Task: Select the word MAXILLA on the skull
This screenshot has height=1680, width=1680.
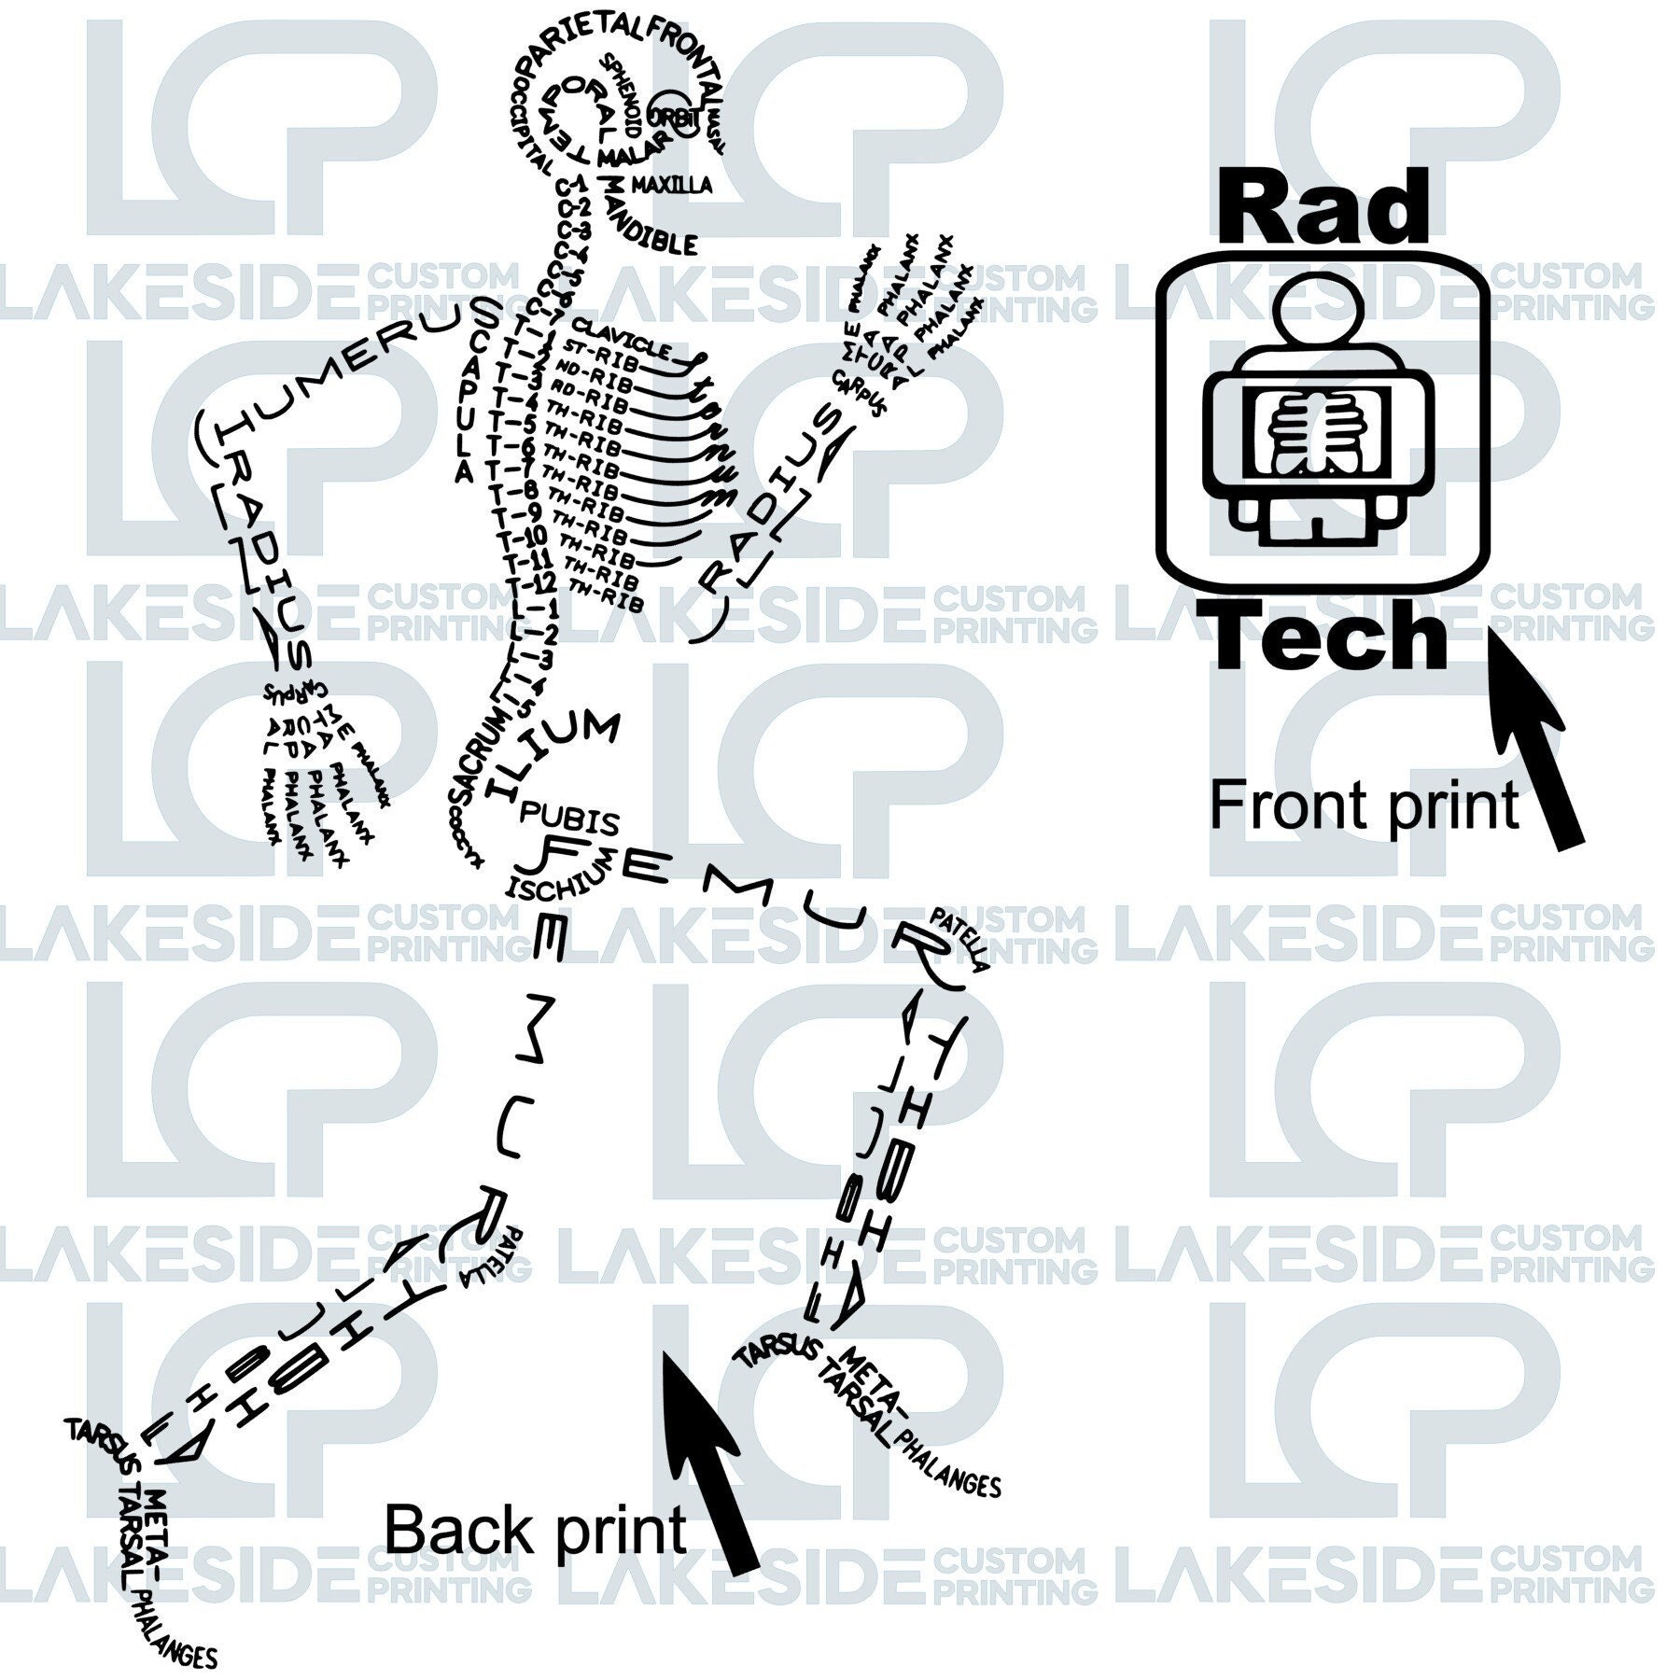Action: (670, 184)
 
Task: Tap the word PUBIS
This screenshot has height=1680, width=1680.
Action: (568, 819)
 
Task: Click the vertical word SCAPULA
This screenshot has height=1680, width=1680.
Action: (475, 392)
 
